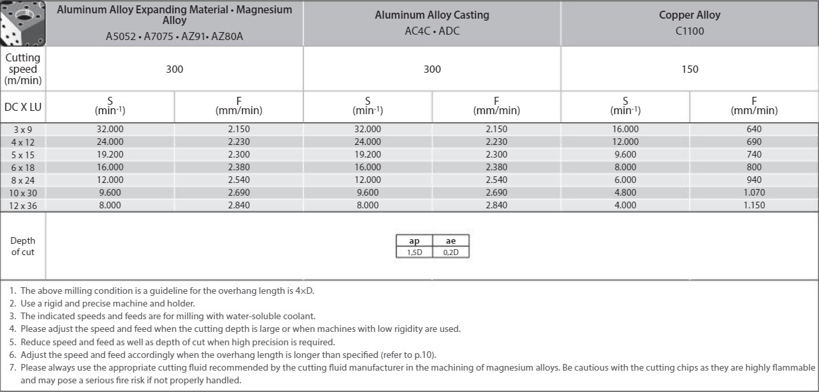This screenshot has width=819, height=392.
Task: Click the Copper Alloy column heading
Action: (x=690, y=15)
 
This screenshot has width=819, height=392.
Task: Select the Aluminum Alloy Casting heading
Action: (x=432, y=15)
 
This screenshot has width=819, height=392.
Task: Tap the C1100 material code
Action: (x=690, y=31)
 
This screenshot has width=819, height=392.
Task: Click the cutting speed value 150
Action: (x=690, y=69)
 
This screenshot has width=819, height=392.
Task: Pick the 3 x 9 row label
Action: (x=23, y=129)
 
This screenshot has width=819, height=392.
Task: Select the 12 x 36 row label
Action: (x=23, y=206)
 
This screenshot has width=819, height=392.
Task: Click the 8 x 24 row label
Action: (x=23, y=180)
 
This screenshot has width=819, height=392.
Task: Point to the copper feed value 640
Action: (x=754, y=129)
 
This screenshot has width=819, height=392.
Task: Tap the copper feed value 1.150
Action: (x=754, y=206)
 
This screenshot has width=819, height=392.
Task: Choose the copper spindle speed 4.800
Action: (x=626, y=192)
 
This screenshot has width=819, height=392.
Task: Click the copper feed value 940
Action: (x=754, y=180)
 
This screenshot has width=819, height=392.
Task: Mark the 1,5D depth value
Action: (x=415, y=252)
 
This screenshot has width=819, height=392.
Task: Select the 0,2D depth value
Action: (x=451, y=252)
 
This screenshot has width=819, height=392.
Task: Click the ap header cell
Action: (x=415, y=241)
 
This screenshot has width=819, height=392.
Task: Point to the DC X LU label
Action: (x=23, y=107)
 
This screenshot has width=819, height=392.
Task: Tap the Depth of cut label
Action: (x=23, y=246)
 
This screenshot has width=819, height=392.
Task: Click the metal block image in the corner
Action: (x=23, y=23)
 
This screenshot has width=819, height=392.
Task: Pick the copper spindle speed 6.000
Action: (x=626, y=180)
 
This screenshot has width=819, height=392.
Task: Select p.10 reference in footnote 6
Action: (x=427, y=355)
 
